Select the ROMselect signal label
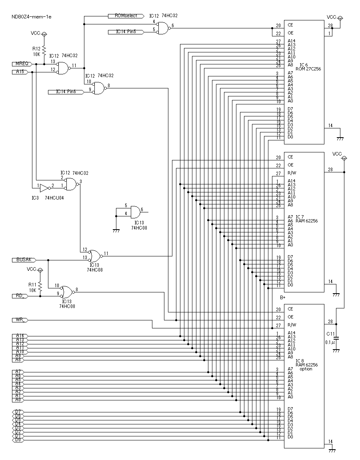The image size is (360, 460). pyautogui.click(x=126, y=16)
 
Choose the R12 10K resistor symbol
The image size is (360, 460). pyautogui.click(x=44, y=50)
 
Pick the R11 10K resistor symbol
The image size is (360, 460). pyautogui.click(x=40, y=286)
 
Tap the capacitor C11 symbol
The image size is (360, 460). pyautogui.click(x=336, y=338)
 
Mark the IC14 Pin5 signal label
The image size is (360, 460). pyautogui.click(x=126, y=32)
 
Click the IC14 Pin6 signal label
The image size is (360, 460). pyautogui.click(x=66, y=92)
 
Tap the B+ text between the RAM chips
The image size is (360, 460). pyautogui.click(x=282, y=298)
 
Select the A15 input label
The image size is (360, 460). pyautogui.click(x=20, y=72)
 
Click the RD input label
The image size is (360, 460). pyautogui.click(x=19, y=296)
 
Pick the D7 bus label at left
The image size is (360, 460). pyautogui.click(x=18, y=412)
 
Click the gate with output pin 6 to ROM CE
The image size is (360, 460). pyautogui.click(x=162, y=28)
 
